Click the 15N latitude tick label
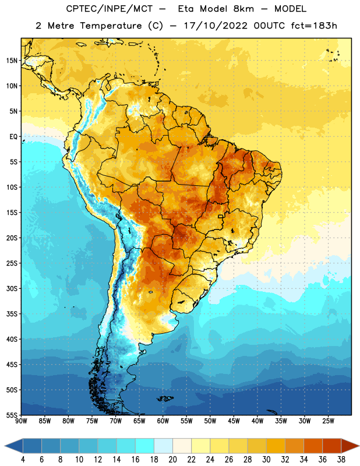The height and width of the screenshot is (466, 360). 12,61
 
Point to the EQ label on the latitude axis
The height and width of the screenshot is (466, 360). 13,137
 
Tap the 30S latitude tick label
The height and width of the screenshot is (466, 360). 12,289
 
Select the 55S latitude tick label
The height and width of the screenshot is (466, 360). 12,415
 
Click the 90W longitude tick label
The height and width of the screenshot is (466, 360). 21,421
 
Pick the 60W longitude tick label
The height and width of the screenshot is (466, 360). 163,421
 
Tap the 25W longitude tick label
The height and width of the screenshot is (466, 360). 328,421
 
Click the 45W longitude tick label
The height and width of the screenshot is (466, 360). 234,421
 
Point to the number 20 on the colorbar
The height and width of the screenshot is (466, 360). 172,460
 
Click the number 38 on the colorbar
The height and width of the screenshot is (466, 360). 341,460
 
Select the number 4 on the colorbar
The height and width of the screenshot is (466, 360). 23,460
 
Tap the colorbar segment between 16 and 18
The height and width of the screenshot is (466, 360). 145,446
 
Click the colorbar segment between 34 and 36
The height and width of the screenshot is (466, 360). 313,446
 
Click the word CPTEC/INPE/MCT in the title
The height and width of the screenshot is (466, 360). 110,9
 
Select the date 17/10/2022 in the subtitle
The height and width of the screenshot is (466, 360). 216,26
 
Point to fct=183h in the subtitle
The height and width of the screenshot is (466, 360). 314,26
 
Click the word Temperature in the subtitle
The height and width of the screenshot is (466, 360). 111,26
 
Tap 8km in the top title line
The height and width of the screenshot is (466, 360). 243,9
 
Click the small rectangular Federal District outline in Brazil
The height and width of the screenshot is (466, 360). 221,216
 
